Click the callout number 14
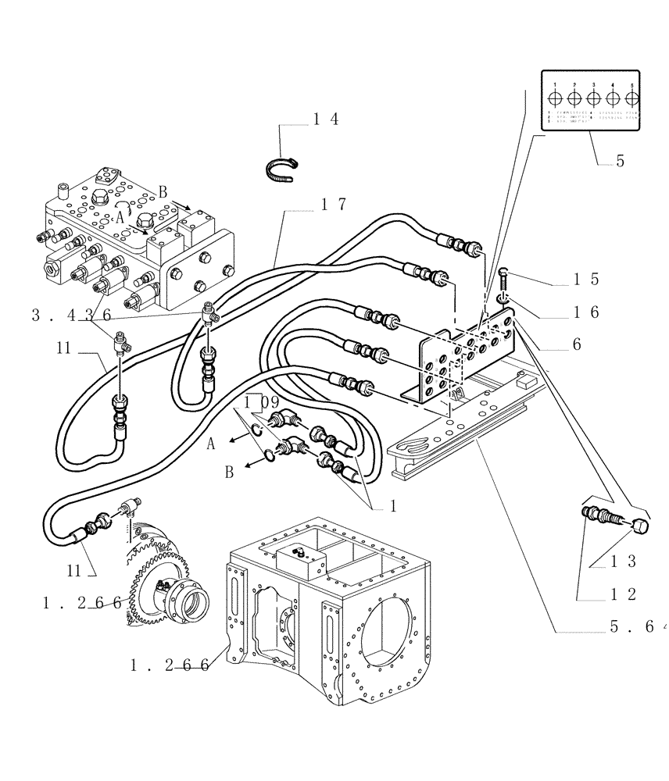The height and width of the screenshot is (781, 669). tap(326, 119)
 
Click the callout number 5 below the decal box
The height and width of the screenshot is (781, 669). tap(619, 161)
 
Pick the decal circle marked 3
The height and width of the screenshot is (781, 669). tap(594, 98)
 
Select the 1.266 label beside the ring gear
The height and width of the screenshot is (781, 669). tap(82, 602)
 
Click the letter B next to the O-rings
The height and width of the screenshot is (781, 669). tap(229, 472)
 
